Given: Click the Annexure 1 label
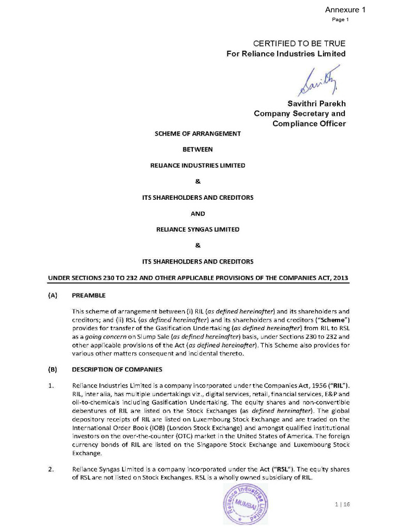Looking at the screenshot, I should click(345, 9).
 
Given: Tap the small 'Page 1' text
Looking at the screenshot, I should click(341, 20).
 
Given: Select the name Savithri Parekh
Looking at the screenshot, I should click(316, 104).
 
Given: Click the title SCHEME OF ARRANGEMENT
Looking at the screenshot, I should click(198, 134).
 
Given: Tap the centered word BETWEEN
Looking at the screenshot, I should click(198, 150).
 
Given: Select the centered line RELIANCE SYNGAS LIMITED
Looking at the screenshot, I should click(198, 229).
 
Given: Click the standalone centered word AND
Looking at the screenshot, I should click(198, 213).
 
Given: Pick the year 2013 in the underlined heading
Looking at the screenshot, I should click(339, 278).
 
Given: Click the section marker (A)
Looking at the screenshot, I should click(53, 296).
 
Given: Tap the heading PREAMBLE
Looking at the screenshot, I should click(88, 296).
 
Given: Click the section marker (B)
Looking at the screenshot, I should click(53, 370).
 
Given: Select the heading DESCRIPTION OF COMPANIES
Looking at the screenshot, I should click(117, 370).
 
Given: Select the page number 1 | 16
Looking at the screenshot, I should click(343, 505).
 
